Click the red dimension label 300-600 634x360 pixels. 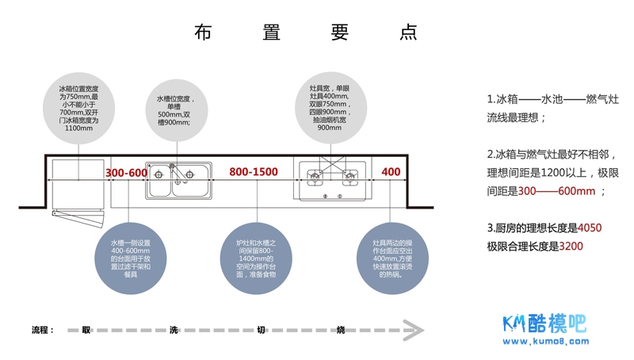point(127,173)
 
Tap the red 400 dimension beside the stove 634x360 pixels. point(391,173)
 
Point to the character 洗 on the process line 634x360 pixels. point(174,330)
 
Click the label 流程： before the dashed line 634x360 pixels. point(43,330)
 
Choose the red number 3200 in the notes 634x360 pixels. point(571,247)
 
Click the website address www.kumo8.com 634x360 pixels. point(547,343)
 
